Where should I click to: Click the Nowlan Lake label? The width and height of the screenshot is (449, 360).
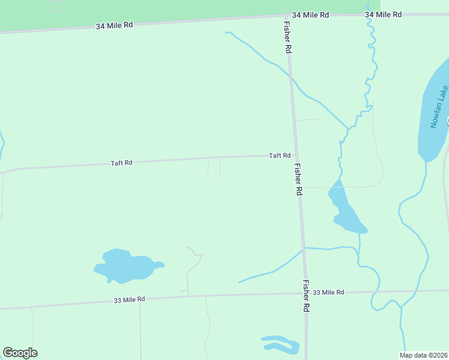point(439,107)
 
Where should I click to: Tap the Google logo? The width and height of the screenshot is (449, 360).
point(20,353)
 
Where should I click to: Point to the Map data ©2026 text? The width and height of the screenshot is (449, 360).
point(424,355)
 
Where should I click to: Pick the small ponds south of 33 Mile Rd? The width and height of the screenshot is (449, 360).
point(281,344)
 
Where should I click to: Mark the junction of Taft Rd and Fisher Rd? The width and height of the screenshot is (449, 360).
point(294,156)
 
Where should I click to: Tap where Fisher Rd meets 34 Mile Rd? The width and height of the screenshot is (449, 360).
point(286,16)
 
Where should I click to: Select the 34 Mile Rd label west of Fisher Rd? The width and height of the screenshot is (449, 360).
point(114,26)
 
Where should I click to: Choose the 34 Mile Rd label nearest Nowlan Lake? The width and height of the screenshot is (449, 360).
point(383,14)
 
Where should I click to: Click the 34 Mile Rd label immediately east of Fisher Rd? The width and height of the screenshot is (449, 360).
point(311,14)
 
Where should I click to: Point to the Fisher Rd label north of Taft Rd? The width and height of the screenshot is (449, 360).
point(288,38)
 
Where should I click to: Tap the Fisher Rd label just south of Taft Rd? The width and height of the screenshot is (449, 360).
point(298,179)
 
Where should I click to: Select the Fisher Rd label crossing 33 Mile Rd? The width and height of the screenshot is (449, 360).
point(306,295)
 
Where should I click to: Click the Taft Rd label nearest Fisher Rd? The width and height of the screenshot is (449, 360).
point(280,155)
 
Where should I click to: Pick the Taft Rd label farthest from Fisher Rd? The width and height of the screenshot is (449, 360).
point(121,163)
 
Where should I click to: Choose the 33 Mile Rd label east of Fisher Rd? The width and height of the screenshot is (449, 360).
point(328,292)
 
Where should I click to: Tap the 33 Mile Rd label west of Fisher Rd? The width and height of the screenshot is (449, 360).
point(129,299)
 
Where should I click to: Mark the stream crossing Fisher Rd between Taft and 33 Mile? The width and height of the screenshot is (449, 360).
point(303,248)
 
